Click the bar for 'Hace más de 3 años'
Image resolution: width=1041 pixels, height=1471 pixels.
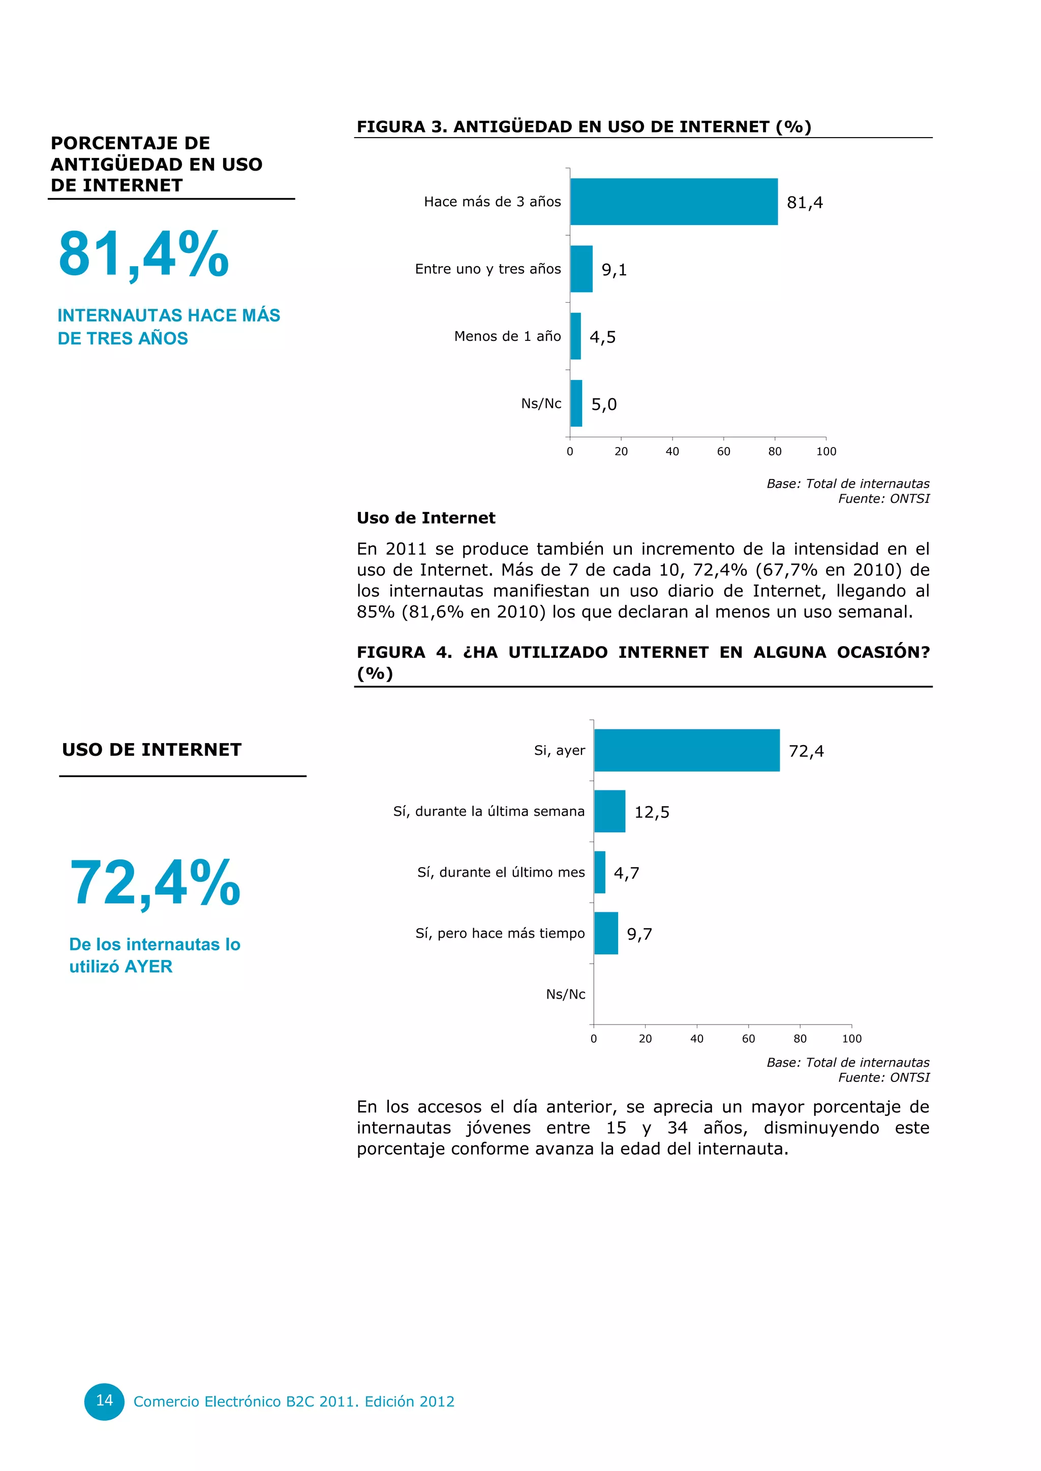point(673,202)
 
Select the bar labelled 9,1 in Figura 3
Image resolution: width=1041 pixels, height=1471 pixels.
point(581,269)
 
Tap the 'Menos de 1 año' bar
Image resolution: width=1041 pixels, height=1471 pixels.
point(575,336)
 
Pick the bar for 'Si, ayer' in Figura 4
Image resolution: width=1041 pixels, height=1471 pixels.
point(687,750)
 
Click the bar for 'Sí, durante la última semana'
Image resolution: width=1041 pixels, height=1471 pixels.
point(609,811)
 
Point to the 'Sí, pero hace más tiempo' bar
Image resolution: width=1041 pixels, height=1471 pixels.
point(606,934)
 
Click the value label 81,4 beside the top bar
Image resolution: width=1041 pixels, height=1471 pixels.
point(805,203)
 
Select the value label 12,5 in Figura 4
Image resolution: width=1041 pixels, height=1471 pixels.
point(652,812)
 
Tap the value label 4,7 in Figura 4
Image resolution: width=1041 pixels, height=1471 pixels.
point(626,873)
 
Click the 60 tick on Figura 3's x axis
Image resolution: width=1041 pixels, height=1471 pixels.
point(724,452)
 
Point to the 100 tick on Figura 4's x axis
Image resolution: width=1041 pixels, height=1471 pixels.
point(851,1039)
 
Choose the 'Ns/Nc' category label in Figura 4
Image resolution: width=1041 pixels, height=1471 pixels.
point(565,995)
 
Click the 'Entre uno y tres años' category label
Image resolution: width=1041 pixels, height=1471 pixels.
point(488,269)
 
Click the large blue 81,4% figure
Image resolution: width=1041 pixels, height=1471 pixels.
point(143,254)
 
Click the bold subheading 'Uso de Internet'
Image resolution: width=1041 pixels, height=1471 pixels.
point(425,518)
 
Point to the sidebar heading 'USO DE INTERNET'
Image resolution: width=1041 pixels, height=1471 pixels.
point(151,750)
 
